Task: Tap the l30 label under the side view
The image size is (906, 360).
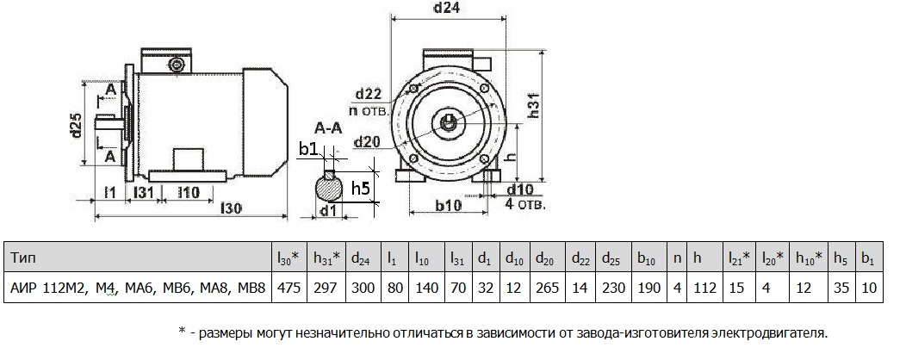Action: [230, 208]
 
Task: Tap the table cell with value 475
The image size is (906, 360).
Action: [287, 288]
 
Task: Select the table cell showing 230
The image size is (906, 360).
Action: [618, 288]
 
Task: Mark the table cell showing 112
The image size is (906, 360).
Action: [704, 288]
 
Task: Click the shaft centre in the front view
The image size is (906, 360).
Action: [450, 121]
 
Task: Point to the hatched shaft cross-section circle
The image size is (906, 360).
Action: [328, 184]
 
